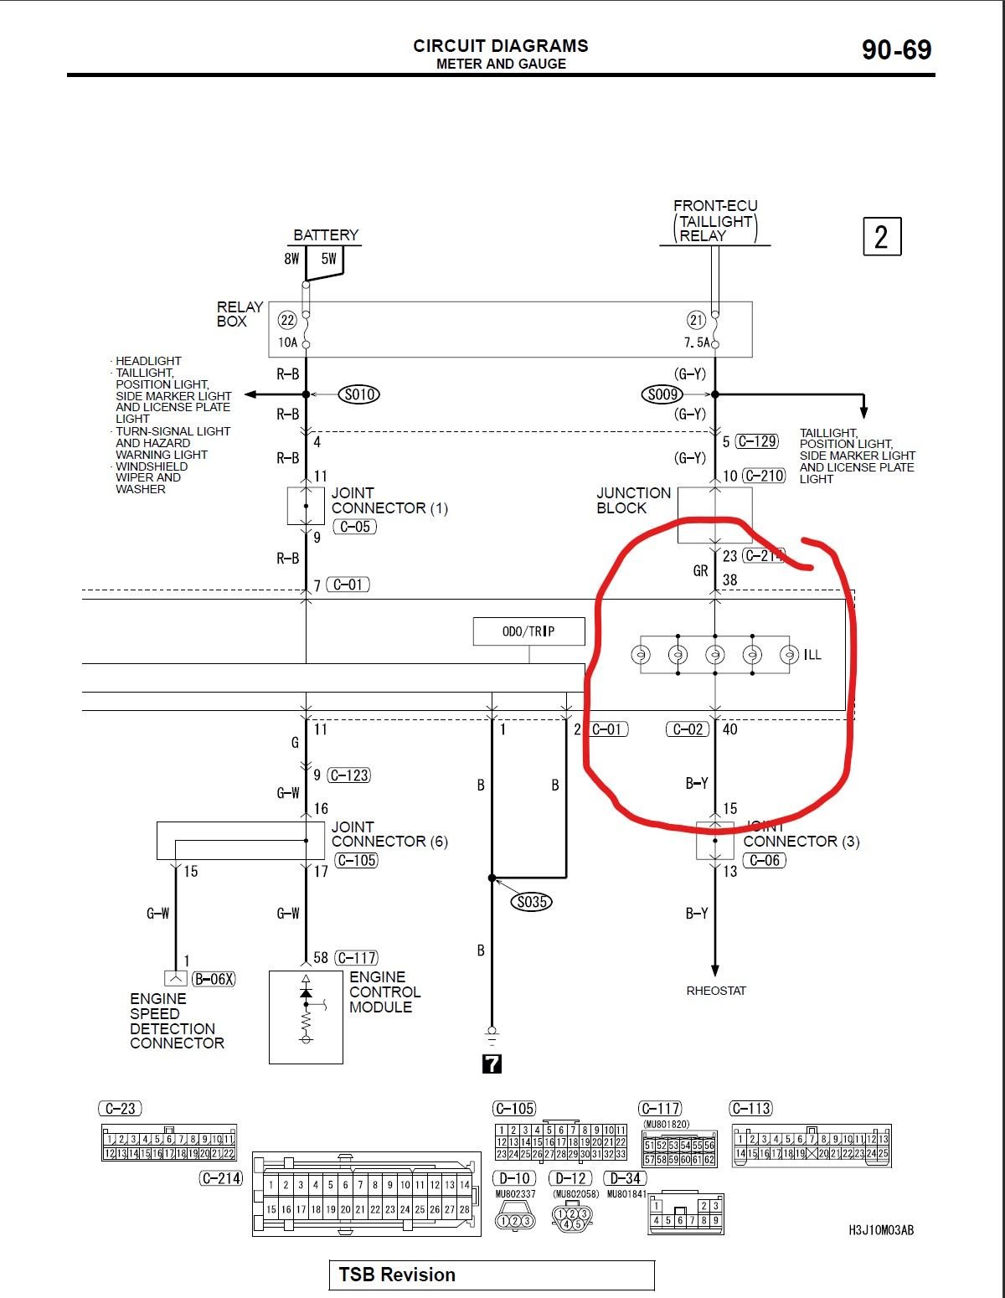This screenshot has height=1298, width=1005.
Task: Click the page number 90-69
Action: point(896,50)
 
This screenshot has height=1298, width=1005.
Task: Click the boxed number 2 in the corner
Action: point(882,237)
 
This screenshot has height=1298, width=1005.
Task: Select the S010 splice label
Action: point(359,394)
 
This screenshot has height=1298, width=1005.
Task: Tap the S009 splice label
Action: point(663,394)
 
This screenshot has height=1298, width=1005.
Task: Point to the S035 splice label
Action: point(532,902)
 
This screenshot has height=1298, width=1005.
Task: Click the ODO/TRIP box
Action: point(528,631)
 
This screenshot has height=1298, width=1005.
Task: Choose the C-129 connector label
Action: point(757,441)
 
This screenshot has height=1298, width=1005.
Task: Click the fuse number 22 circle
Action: point(287,320)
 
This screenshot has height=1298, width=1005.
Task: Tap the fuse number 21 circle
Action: point(696,320)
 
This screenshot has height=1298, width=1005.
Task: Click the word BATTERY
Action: point(326,235)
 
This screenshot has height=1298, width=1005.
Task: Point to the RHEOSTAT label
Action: point(716,991)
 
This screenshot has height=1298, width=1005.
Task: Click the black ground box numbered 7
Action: point(492,1064)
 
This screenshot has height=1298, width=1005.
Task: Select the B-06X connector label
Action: point(214,978)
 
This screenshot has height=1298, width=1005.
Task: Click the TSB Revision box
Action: point(491,1275)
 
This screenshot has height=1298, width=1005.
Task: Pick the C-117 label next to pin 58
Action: point(357,957)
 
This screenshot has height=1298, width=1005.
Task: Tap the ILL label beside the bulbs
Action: point(812,655)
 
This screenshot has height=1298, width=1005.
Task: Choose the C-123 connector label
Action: point(349,775)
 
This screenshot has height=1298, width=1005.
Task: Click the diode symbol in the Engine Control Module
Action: point(306,993)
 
